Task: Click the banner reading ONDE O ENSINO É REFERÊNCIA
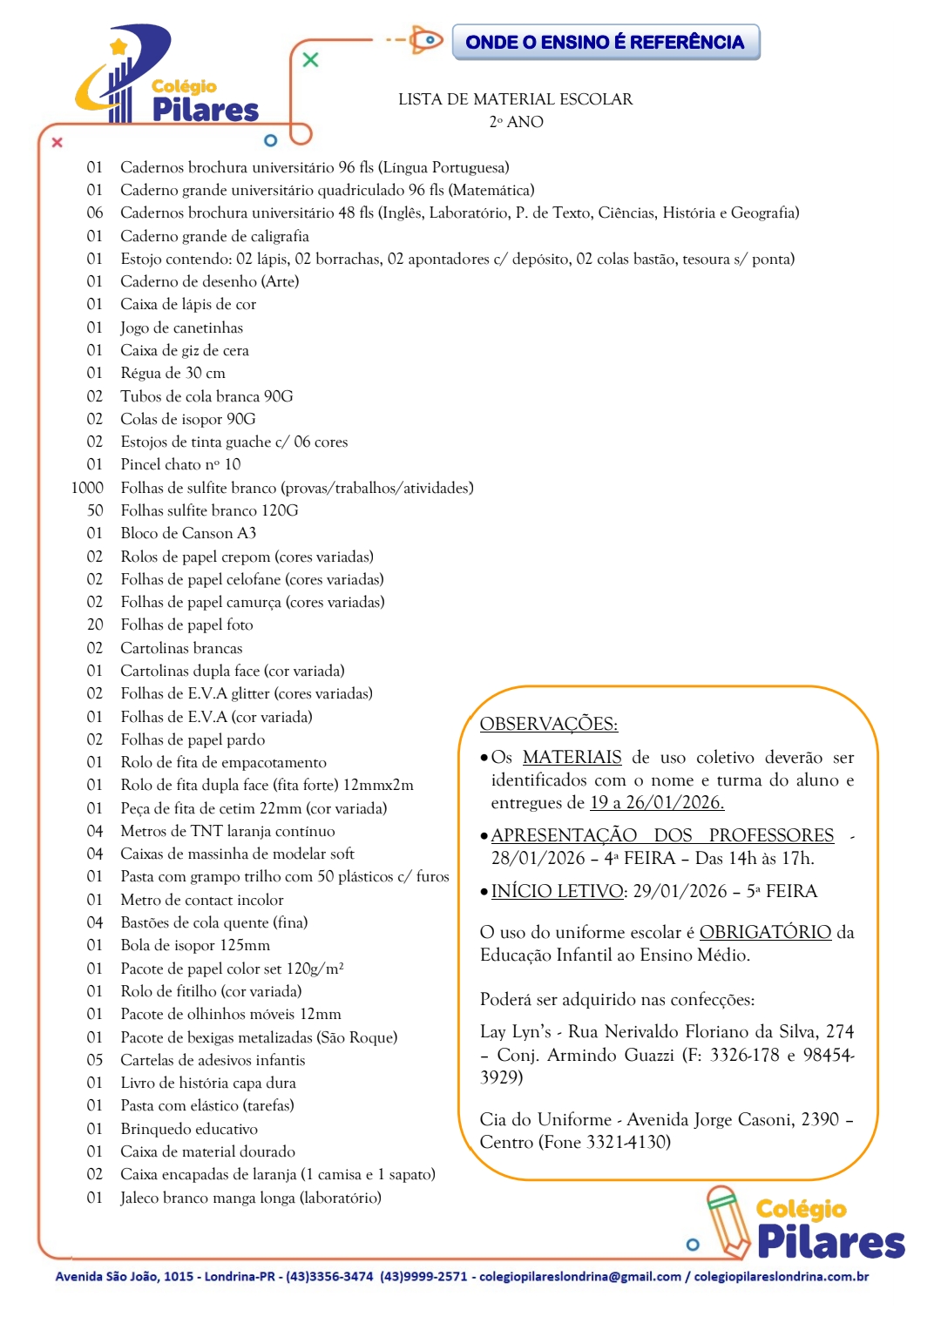coord(606,42)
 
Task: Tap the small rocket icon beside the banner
coord(426,40)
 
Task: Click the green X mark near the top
coord(310,60)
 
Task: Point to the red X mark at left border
coord(58,142)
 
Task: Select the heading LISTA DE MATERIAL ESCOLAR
coord(515,99)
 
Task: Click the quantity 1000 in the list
coord(87,488)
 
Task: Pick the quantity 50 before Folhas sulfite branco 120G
coord(94,510)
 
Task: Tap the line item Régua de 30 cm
coord(173,373)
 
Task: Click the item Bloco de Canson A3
coord(188,533)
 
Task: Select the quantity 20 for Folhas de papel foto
coord(94,624)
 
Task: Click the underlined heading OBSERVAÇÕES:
coord(549,724)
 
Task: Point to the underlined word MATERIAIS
coord(572,757)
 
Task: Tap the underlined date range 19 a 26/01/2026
coord(657,802)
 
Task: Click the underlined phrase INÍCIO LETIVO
coord(558,891)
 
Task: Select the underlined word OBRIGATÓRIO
coord(765,932)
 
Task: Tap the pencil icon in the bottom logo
coord(728,1221)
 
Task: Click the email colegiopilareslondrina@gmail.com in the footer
coord(579,1277)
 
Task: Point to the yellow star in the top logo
coord(119,46)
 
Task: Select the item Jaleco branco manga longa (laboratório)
coord(251,1198)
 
